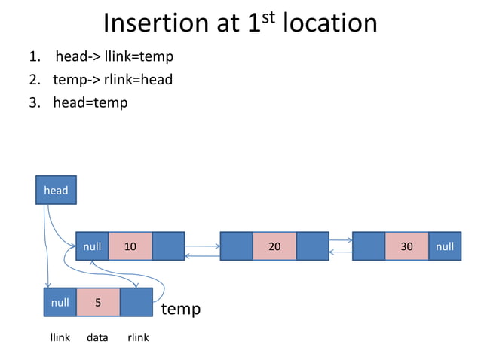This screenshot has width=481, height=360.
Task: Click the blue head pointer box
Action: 56,190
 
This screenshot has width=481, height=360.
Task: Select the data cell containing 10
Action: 130,246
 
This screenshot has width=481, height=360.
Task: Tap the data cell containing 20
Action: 274,246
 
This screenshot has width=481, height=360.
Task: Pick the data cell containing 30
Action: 406,246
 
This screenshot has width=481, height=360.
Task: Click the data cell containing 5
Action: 98,303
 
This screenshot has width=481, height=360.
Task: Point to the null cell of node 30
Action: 445,246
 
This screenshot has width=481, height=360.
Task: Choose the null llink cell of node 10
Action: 92,246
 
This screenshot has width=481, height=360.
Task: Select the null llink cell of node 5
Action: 60,303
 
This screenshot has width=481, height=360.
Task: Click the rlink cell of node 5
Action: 136,303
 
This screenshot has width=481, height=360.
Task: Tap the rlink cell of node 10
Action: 168,246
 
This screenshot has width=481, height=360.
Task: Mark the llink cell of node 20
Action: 236,246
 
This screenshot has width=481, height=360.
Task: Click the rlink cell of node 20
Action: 312,246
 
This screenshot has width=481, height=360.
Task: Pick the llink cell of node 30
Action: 369,246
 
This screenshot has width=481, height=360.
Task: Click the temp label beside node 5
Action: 181,309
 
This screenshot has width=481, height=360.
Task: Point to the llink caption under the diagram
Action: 60,337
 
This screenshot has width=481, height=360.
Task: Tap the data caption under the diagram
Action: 97,337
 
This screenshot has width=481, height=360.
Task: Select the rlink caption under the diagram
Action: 138,337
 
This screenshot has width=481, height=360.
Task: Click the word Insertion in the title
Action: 156,23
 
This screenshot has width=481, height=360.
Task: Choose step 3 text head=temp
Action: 90,102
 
